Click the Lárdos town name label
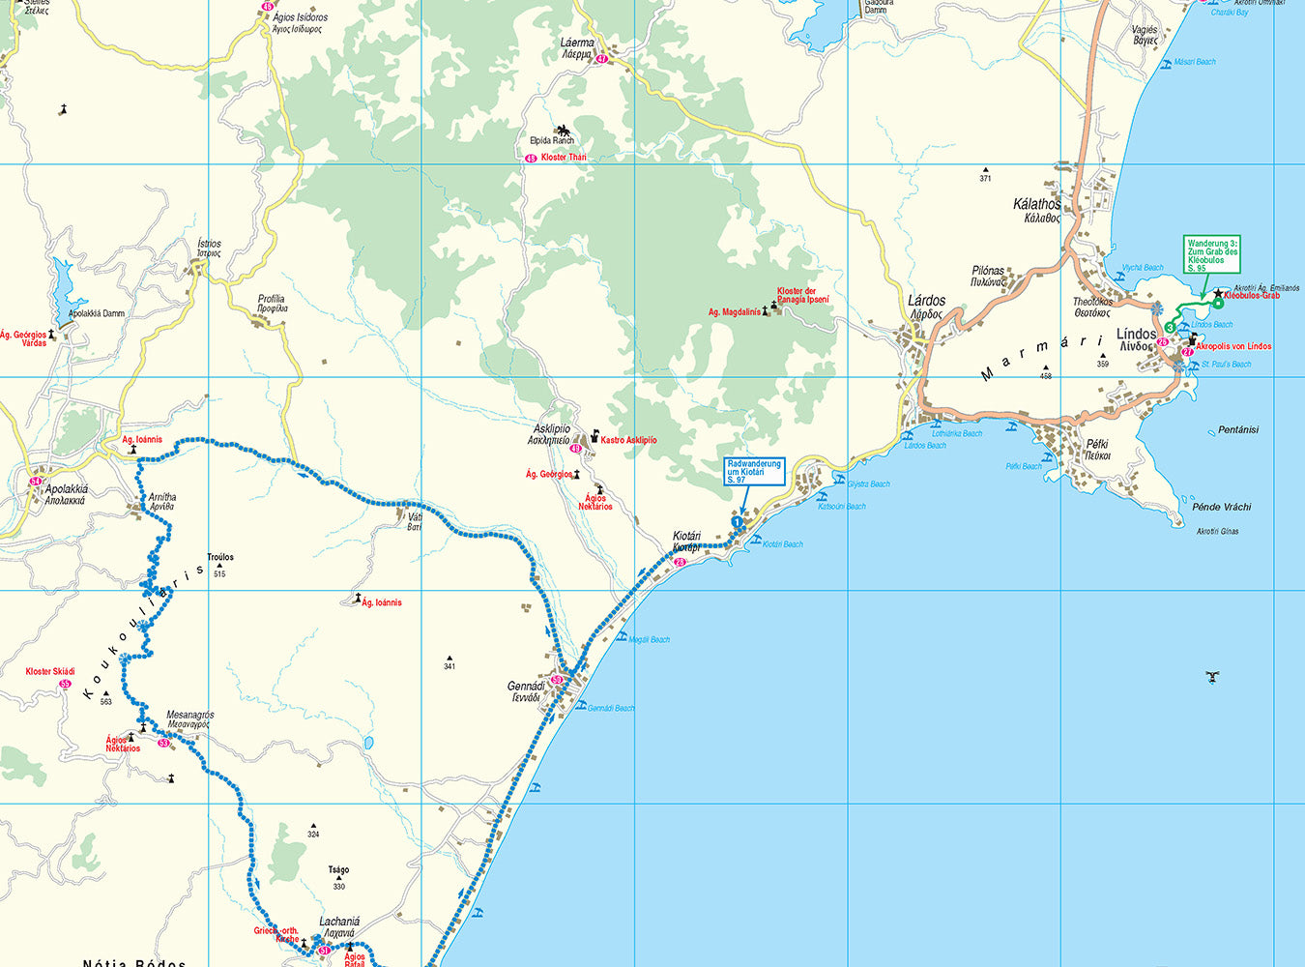(x=927, y=301)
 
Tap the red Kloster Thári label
(x=564, y=158)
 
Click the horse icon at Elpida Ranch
(x=563, y=129)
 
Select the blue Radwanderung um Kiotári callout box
(x=754, y=472)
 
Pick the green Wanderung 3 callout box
(x=1212, y=254)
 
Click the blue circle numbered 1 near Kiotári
(x=737, y=522)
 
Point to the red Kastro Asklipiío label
(x=628, y=440)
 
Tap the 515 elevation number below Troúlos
(x=219, y=574)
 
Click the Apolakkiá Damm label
(x=97, y=313)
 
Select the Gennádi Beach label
(x=611, y=708)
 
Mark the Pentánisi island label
(x=1238, y=430)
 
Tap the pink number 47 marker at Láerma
(x=602, y=60)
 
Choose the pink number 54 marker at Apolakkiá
(x=36, y=482)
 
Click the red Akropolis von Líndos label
(x=1233, y=346)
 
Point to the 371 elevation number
(x=985, y=179)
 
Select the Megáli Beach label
(x=649, y=639)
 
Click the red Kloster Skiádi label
(x=50, y=671)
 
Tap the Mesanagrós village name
(x=189, y=715)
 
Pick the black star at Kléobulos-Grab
(x=1217, y=293)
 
